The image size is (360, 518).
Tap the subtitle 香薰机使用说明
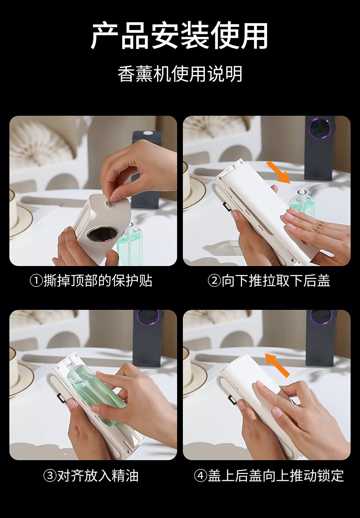click(180, 74)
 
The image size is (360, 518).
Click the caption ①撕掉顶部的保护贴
click(91, 281)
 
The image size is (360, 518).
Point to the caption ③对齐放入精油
click(91, 476)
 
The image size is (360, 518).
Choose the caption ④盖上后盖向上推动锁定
click(269, 476)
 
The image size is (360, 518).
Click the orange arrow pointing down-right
click(278, 173)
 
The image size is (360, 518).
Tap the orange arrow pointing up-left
click(277, 365)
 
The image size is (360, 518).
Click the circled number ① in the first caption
click(36, 281)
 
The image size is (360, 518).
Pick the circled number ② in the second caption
click(214, 281)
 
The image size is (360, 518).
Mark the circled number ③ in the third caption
click(50, 476)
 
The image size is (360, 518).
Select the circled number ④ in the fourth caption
click(200, 476)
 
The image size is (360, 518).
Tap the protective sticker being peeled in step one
click(111, 202)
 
